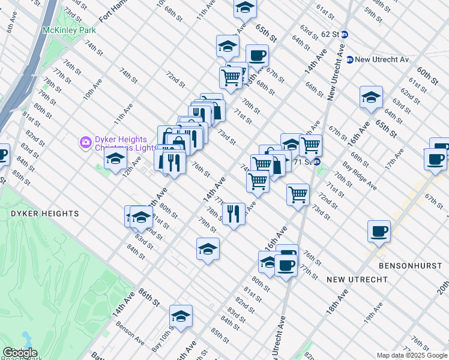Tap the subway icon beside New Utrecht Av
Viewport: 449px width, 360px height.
(349, 59)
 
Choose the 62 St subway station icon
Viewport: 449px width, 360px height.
(344, 34)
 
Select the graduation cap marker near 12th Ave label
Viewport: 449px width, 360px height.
(115, 160)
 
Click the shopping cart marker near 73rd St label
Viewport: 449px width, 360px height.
(298, 194)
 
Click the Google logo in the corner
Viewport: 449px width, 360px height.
(20, 353)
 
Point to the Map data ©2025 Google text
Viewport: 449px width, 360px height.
(411, 355)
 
